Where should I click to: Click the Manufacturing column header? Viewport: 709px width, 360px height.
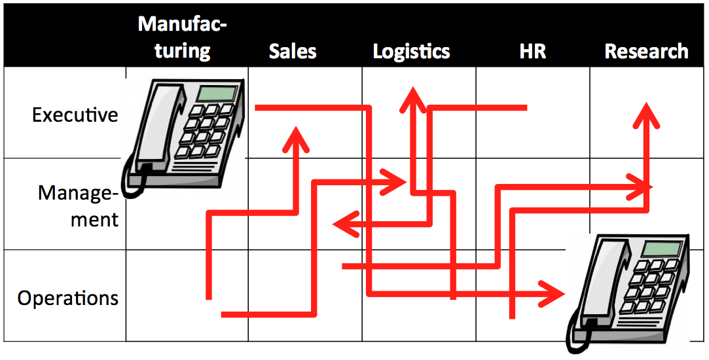tap(183, 38)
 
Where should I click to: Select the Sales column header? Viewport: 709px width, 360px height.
tap(293, 52)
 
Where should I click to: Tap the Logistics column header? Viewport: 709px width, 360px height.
tap(411, 52)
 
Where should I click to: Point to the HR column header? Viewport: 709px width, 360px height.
tap(532, 52)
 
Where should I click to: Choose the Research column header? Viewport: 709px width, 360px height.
tap(646, 52)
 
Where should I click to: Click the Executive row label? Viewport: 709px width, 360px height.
tap(75, 115)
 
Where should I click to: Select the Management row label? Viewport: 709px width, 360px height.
tap(78, 206)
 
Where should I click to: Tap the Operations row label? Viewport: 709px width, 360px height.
tap(67, 298)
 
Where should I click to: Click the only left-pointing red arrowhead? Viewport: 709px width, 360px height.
tap(343, 225)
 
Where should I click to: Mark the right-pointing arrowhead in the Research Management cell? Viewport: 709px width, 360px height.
tap(641, 187)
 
